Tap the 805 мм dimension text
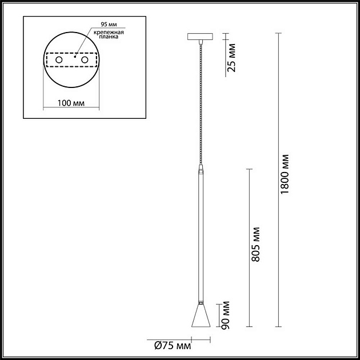[x=257, y=243]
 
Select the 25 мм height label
[x=230, y=59]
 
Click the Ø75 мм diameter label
[x=173, y=345]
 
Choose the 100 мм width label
[x=72, y=103]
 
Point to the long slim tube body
[x=200, y=234]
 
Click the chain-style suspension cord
[x=200, y=103]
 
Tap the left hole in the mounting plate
[x=58, y=59]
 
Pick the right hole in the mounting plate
[x=85, y=59]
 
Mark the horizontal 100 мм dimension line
[x=72, y=109]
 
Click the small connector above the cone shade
[x=200, y=301]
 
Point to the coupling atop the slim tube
[x=200, y=170]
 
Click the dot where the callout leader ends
[x=75, y=56]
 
